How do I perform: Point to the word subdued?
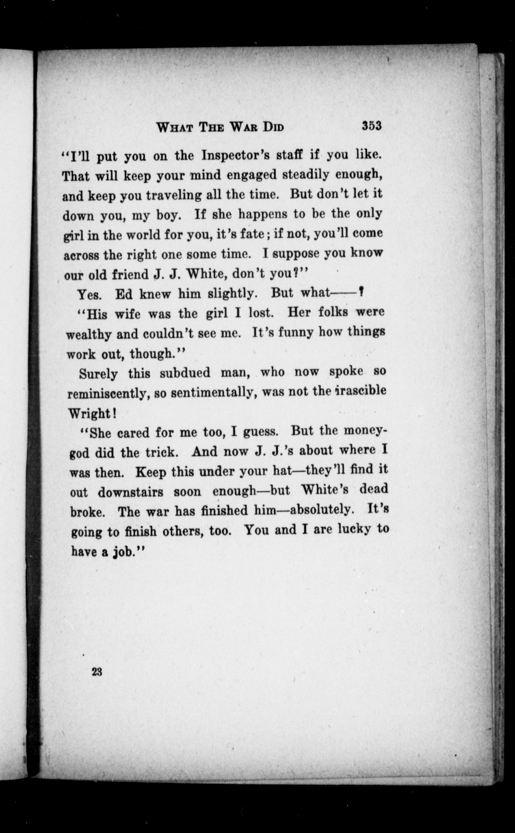click(185, 373)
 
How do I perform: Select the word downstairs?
click(131, 492)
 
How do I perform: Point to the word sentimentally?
click(214, 393)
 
